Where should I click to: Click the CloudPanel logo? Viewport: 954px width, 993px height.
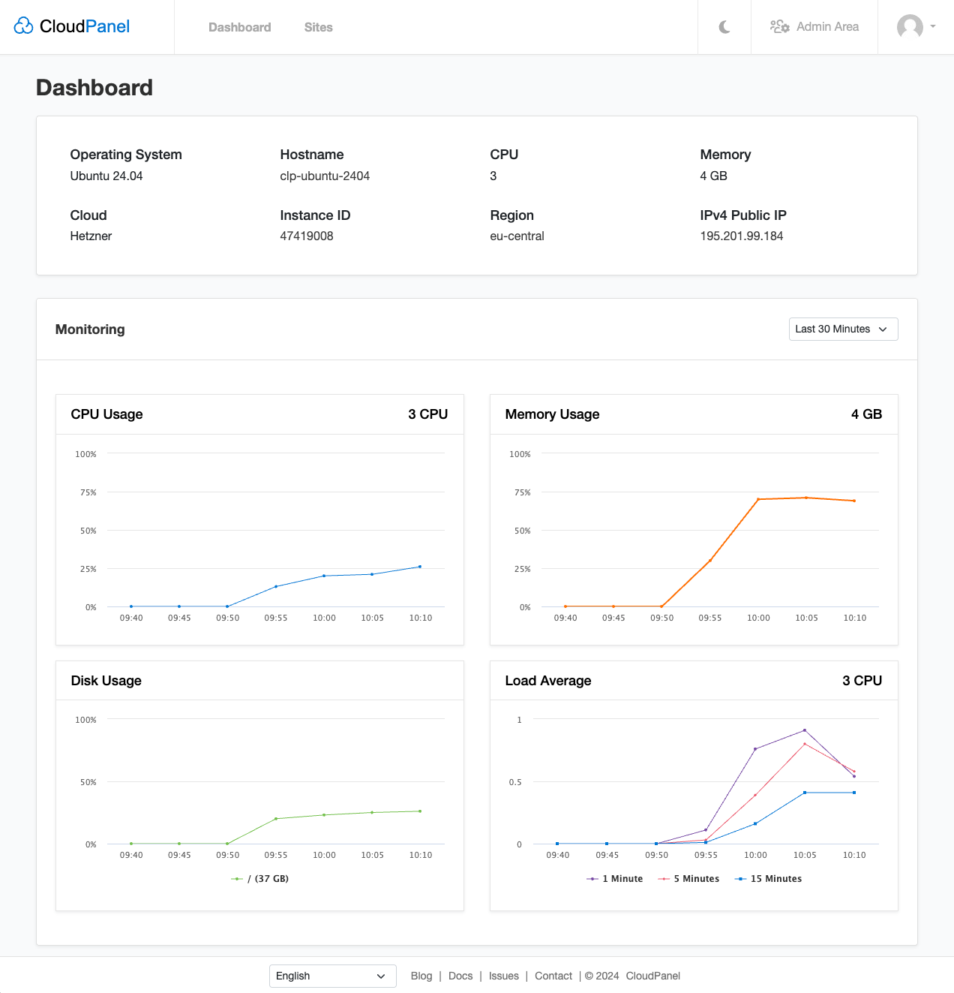tap(72, 26)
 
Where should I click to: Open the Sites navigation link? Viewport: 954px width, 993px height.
tap(318, 27)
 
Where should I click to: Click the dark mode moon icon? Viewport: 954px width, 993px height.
tap(724, 27)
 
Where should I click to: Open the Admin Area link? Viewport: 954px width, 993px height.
tap(814, 27)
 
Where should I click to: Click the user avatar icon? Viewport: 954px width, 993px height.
tap(910, 27)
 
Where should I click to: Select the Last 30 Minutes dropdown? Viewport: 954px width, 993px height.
tap(843, 329)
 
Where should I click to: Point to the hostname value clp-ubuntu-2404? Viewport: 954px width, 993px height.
tap(325, 176)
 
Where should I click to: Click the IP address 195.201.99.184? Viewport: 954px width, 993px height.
tap(741, 236)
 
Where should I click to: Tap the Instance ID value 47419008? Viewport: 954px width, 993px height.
tap(306, 236)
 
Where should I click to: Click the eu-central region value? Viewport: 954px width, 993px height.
tap(517, 236)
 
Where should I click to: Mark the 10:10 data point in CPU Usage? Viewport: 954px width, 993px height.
tap(420, 567)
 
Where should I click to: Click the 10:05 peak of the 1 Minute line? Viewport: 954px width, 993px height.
tap(805, 730)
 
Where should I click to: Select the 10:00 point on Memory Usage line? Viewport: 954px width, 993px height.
tap(758, 499)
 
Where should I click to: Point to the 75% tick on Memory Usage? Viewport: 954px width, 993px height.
tap(522, 492)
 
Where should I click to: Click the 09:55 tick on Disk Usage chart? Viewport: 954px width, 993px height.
tap(276, 855)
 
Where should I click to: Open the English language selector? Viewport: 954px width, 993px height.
tap(332, 976)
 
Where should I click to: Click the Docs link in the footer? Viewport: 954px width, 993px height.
tap(460, 976)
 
